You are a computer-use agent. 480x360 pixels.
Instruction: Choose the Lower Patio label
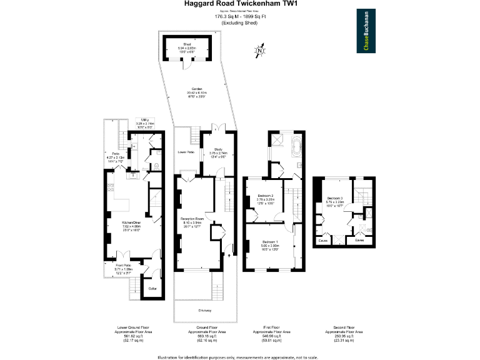tap(186, 152)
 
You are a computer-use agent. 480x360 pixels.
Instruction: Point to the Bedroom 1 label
tap(270, 241)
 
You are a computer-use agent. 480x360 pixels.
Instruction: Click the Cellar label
tap(152, 288)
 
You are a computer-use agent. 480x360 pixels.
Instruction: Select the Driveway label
tap(205, 310)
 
